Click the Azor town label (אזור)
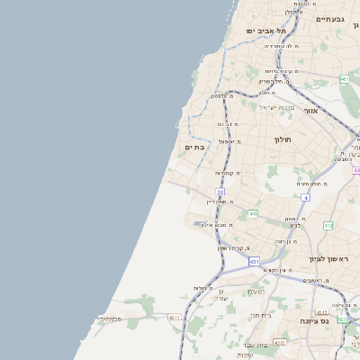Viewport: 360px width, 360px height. tap(311, 111)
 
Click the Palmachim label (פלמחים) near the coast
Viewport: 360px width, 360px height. tap(109, 318)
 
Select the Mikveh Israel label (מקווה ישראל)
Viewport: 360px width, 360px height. tap(276, 107)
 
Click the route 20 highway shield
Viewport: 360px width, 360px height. tap(220, 193)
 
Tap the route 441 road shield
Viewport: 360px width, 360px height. tap(253, 213)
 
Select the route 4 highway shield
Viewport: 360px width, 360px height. tap(306, 196)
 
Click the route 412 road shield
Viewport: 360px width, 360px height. tap(328, 225)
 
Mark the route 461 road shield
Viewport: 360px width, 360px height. tap(345, 80)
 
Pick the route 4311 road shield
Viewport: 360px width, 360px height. tap(175, 317)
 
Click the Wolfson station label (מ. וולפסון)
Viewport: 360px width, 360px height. tap(223, 94)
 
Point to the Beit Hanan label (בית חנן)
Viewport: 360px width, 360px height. tap(259, 315)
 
